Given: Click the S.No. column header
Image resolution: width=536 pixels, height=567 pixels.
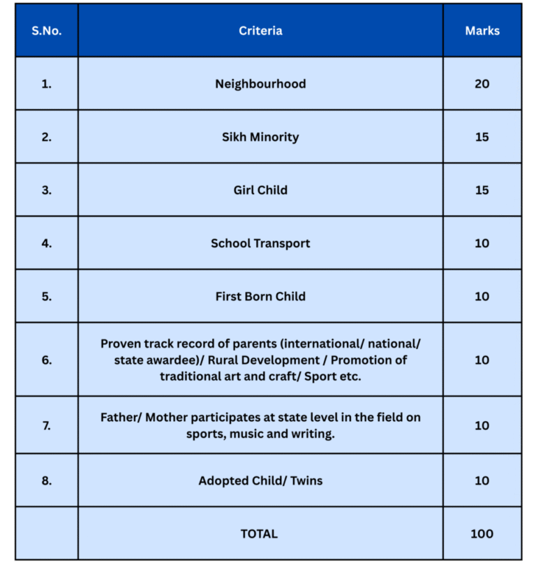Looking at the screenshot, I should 46,31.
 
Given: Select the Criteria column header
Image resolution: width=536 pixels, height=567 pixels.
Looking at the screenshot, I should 260,31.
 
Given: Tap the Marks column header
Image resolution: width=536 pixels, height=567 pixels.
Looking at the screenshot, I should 482,31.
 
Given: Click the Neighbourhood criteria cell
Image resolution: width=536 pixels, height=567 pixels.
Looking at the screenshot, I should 260,84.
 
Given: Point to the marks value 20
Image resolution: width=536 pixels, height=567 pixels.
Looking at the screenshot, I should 482,84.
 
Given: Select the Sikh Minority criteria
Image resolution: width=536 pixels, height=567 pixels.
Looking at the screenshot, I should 260,137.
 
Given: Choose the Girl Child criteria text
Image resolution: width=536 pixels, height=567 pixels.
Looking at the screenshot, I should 260,190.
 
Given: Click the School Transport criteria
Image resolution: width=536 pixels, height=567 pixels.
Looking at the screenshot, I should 260,244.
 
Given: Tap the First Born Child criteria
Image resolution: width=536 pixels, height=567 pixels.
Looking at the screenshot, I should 260,296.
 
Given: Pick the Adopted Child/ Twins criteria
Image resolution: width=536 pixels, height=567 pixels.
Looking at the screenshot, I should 260,480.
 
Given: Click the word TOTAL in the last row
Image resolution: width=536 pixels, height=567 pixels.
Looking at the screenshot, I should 259,533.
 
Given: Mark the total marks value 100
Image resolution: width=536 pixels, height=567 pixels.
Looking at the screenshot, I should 482,533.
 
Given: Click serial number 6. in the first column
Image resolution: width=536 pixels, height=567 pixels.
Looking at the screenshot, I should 46,360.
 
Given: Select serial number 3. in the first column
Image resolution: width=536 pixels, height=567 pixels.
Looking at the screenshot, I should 46,190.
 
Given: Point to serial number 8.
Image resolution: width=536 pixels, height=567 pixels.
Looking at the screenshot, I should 46,480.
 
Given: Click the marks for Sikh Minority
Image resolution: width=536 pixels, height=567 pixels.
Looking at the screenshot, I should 482,137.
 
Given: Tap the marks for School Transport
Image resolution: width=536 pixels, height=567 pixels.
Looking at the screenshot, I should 482,244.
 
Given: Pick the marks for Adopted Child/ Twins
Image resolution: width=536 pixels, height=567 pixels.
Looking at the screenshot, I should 482,480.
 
